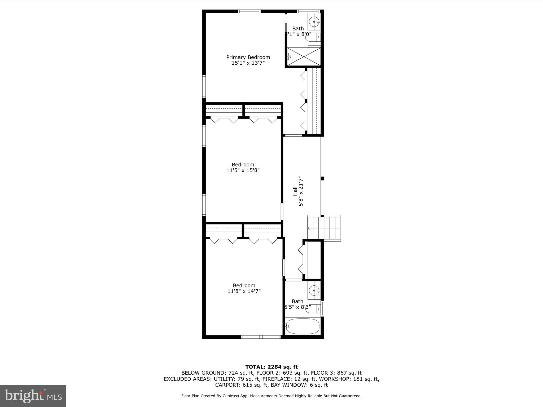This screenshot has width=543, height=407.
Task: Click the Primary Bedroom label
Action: [x=248, y=57]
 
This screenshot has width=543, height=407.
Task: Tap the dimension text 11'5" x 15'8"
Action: [x=243, y=170]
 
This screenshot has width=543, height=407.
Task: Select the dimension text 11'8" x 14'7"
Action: [x=244, y=291]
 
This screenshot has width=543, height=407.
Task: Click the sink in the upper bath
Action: [x=314, y=21]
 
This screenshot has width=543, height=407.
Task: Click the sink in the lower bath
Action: [x=314, y=291]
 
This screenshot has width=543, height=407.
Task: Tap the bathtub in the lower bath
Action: [x=302, y=326]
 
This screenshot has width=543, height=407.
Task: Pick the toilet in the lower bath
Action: [x=313, y=308]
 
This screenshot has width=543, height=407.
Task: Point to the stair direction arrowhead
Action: [x=309, y=228]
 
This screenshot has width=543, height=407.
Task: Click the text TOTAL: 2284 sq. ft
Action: [x=271, y=367]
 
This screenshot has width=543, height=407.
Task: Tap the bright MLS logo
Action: [x=33, y=396]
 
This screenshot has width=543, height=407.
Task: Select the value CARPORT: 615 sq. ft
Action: [x=241, y=385]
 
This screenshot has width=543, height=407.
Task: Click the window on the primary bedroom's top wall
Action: [x=249, y=11]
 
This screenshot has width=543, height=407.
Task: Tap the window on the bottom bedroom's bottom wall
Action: [x=261, y=337]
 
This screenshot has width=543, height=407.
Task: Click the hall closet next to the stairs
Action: [x=313, y=260]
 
